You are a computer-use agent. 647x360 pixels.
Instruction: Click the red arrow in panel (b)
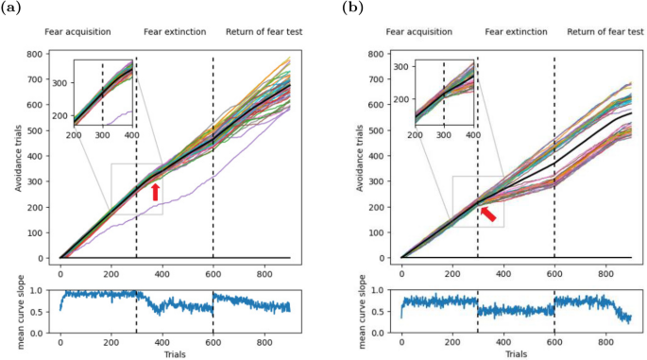488,214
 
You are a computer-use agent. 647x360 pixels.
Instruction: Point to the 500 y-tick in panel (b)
383,129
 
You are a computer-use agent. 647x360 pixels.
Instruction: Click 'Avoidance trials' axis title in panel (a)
19,155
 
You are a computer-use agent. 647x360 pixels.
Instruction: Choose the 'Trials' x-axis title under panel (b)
517,353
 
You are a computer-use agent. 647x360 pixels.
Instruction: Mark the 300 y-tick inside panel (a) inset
63,83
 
